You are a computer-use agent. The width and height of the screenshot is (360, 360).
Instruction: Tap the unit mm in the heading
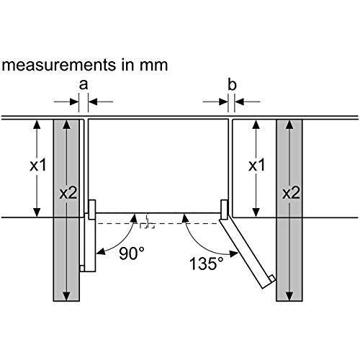153,66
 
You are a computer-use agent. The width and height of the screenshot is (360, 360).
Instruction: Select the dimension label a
83,85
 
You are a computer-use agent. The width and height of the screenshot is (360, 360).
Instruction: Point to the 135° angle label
204,264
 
